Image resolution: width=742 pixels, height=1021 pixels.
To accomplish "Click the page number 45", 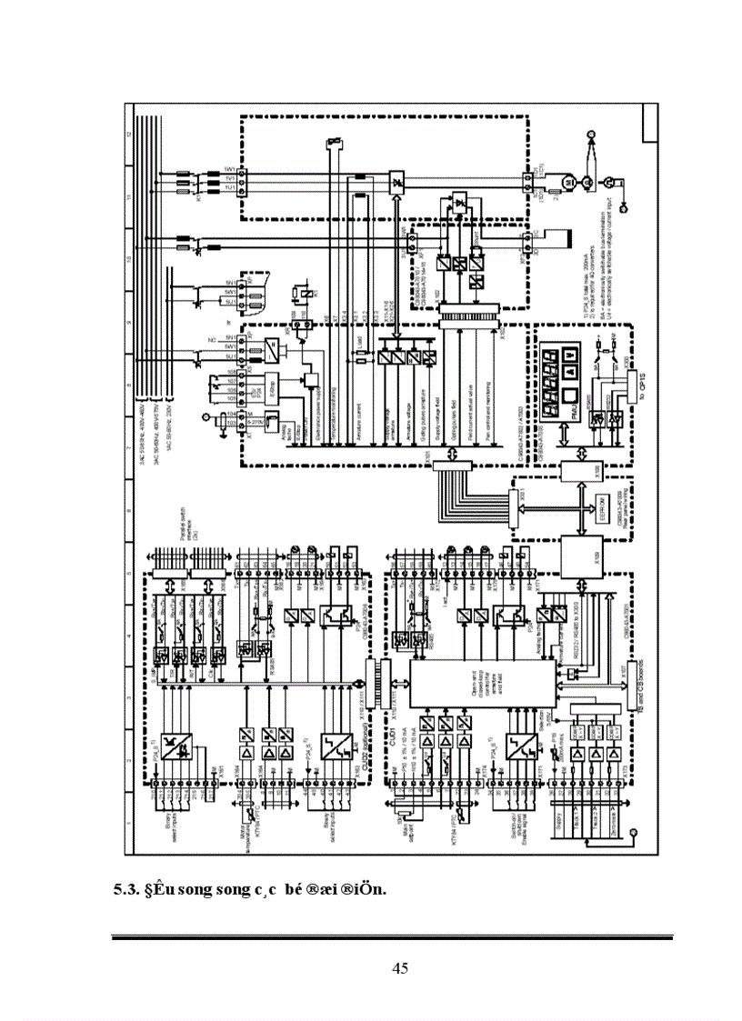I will [x=400, y=967].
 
